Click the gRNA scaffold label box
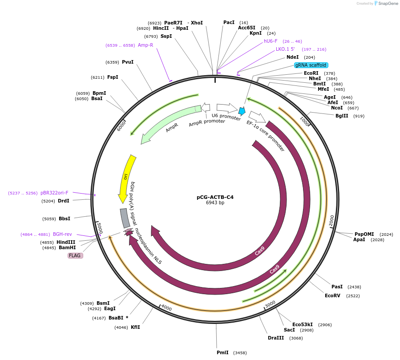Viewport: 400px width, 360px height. [311, 65]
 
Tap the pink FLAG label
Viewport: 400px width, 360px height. [75, 255]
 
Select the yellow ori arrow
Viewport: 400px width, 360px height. [126, 178]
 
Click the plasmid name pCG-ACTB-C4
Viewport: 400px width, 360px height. [215, 197]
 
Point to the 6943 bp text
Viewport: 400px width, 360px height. [215, 203]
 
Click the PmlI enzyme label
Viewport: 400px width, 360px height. [222, 352]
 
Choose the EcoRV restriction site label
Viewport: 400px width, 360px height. [332, 295]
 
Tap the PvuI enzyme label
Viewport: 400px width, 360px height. [128, 62]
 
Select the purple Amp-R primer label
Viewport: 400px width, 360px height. [145, 45]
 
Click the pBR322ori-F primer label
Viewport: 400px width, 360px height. [54, 193]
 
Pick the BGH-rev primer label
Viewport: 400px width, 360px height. [62, 234]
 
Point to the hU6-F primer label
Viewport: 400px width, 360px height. [271, 41]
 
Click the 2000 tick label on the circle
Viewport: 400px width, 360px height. [331, 220]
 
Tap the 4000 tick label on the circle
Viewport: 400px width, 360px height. [166, 307]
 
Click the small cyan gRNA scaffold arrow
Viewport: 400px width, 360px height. [242, 111]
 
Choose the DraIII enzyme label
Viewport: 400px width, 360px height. [276, 338]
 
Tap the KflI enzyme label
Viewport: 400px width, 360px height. [135, 327]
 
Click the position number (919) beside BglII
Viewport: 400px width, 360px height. [359, 116]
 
